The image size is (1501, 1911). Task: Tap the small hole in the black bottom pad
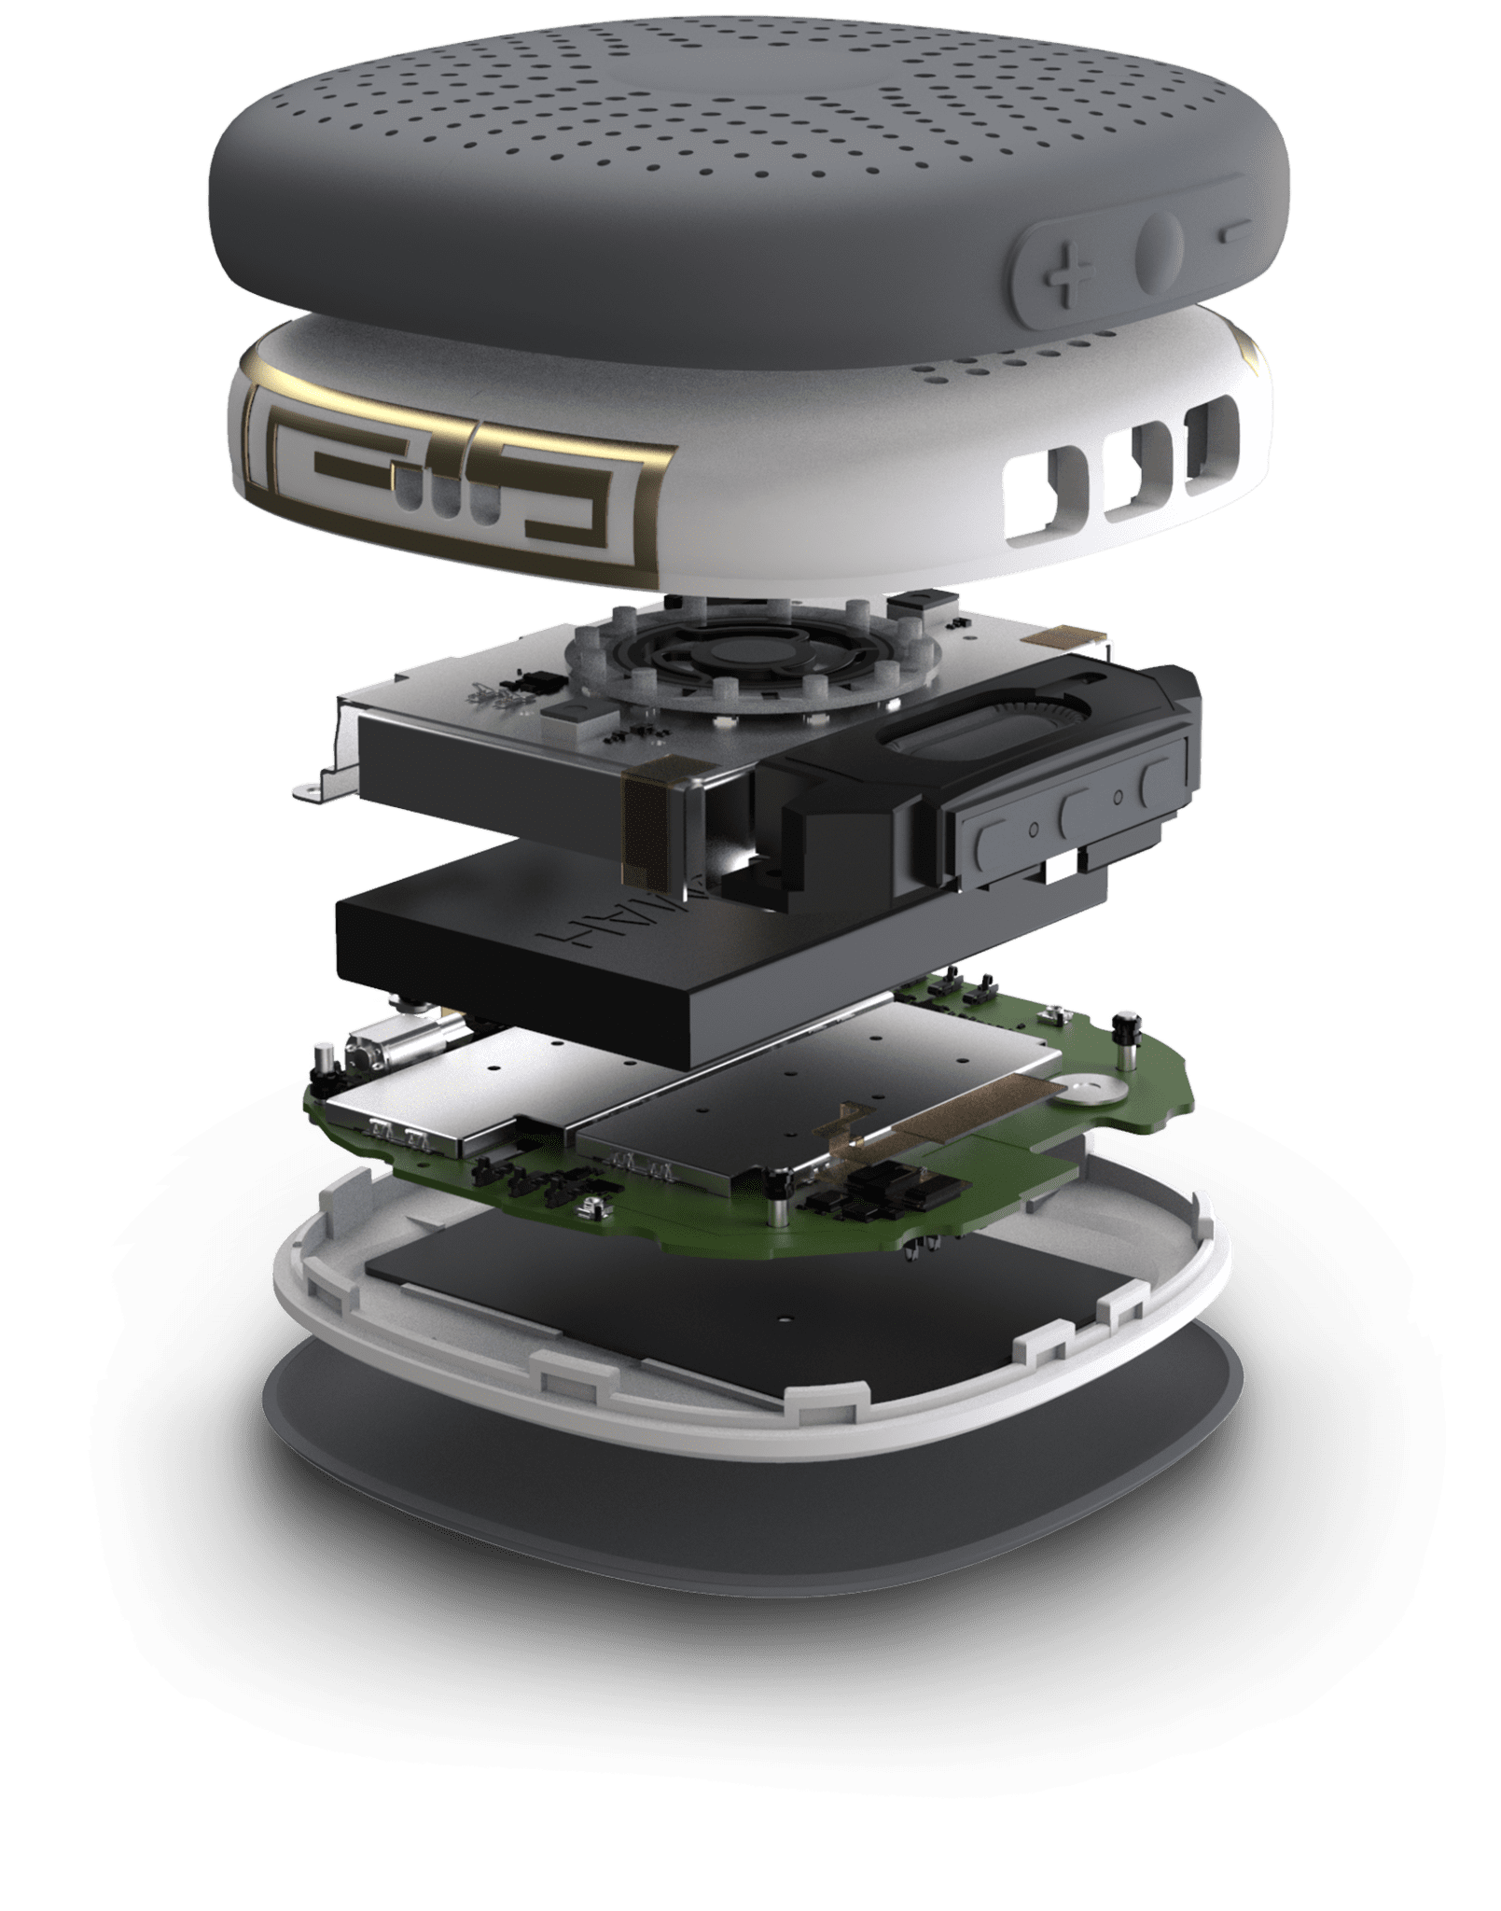click(782, 1317)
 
